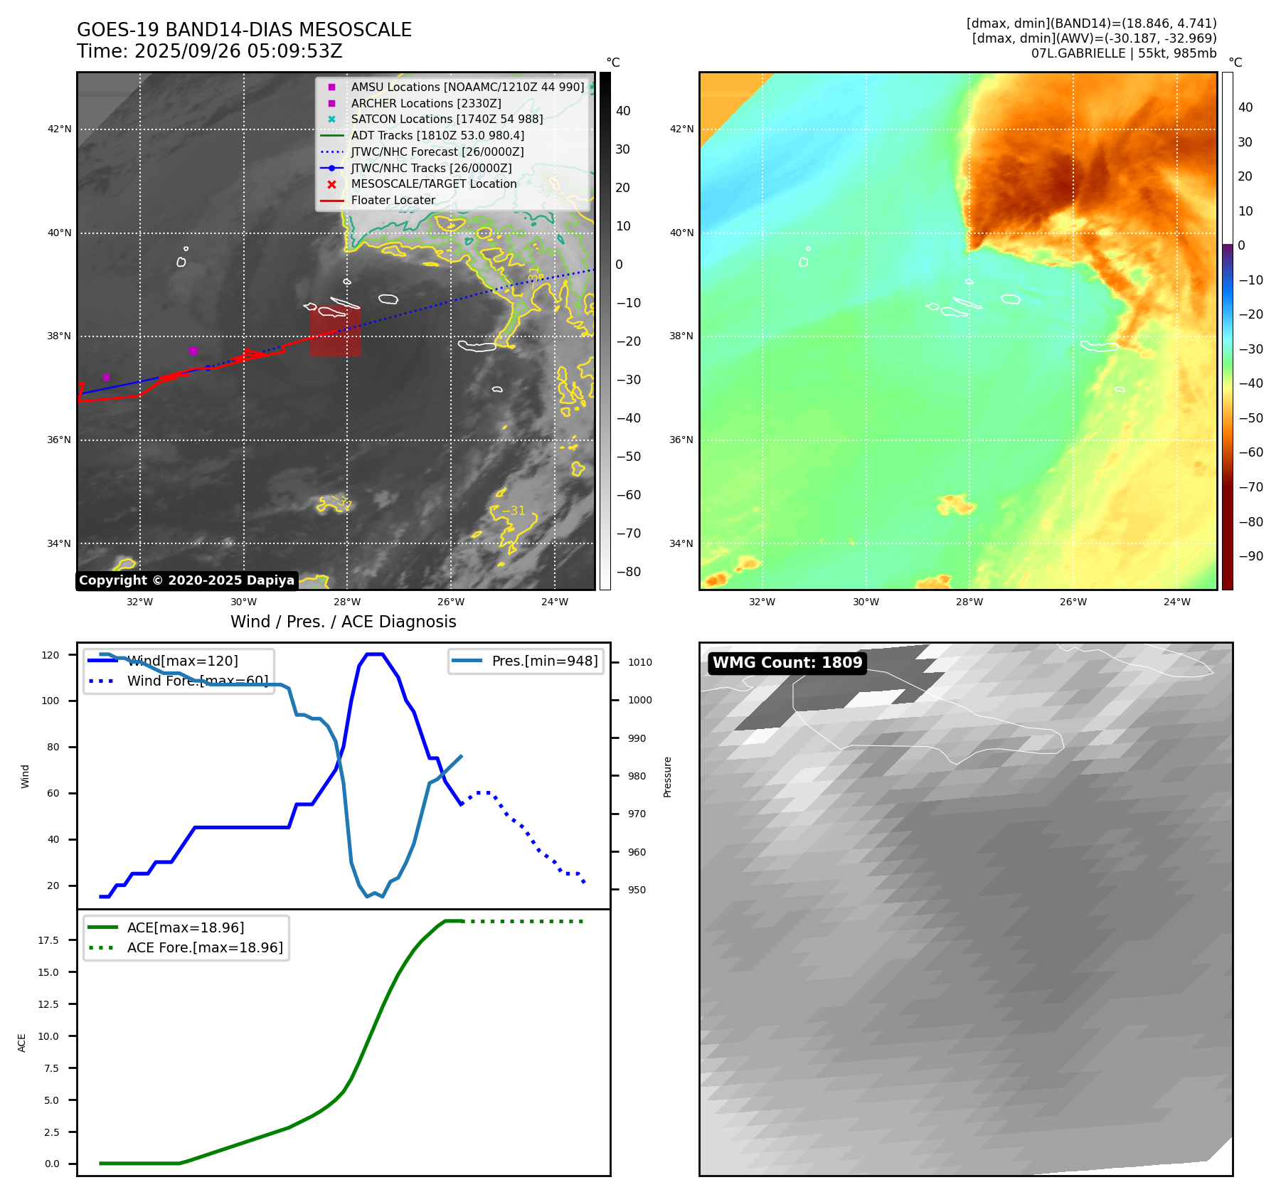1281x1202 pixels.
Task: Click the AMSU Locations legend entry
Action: pos(467,87)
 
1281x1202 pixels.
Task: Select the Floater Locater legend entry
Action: pos(393,201)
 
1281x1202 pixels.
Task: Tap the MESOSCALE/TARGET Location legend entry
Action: pos(433,184)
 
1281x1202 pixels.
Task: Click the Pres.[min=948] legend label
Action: pos(545,661)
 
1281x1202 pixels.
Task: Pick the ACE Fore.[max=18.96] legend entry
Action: pos(205,948)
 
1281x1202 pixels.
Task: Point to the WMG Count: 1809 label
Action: pos(787,663)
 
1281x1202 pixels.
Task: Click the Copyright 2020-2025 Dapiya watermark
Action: pos(186,580)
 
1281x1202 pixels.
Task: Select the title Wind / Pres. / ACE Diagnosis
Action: pos(343,622)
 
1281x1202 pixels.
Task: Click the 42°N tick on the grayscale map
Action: pos(59,129)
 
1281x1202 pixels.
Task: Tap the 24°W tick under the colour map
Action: pos(1176,602)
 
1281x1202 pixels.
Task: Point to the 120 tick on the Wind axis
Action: pos(51,655)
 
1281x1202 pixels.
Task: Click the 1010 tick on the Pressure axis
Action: pos(639,662)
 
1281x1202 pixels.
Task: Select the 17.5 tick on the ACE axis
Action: pos(48,940)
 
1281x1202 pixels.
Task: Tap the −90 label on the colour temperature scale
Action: pos(1250,556)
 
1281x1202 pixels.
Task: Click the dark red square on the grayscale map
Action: pos(335,331)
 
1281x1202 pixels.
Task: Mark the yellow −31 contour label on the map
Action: pos(513,511)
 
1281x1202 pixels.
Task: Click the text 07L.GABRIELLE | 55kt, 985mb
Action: pos(1123,53)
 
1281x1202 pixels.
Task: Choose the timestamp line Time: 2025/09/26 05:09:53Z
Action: pos(210,52)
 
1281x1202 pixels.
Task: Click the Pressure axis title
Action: pos(667,777)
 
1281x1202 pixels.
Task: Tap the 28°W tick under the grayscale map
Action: pos(347,602)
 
